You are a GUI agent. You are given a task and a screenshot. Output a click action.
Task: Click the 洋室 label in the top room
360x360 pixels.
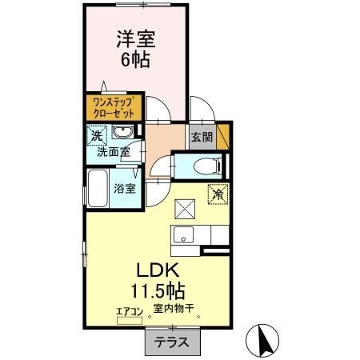point(135,38)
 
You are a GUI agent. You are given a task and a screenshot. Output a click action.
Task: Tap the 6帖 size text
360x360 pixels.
point(135,58)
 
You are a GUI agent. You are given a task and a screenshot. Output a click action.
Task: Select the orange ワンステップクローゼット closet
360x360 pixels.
point(113,107)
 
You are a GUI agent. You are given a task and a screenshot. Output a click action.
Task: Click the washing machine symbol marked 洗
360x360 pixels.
point(95,135)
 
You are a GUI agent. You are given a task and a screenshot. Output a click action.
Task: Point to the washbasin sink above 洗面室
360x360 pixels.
point(122,133)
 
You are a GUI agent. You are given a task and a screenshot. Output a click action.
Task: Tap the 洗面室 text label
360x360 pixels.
point(114,150)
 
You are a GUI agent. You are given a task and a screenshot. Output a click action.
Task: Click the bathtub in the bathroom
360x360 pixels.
point(98,189)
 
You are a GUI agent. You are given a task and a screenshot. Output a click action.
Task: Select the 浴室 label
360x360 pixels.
point(124,189)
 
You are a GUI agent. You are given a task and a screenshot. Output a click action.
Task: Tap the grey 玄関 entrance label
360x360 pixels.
point(201,137)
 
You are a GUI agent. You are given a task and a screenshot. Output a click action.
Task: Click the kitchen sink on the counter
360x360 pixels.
point(182,235)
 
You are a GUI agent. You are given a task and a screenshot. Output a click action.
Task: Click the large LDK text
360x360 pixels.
point(160,269)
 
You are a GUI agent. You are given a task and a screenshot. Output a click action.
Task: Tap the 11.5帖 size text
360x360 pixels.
point(161,288)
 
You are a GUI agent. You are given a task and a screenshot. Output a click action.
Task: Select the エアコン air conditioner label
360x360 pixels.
point(129,310)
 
